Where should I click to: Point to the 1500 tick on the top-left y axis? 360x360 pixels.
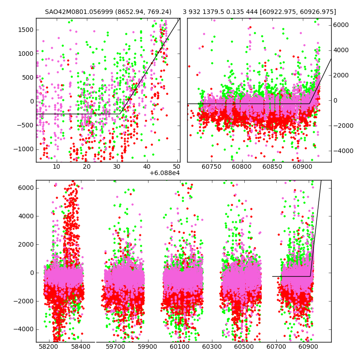point(26,30)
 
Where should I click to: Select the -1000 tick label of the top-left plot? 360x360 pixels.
point(24,149)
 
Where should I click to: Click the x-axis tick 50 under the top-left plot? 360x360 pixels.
point(177,166)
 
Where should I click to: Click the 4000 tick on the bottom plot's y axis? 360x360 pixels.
point(26,216)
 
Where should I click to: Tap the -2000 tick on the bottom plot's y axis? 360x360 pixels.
point(24,301)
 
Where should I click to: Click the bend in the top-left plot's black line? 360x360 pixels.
point(120,114)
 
